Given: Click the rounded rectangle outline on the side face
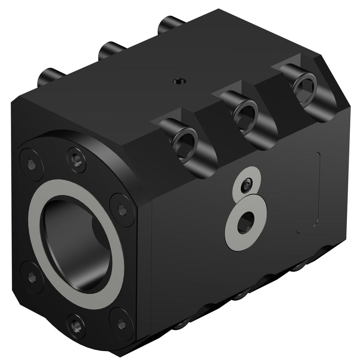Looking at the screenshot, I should (x=309, y=192).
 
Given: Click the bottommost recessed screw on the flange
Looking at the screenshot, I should (x=76, y=325).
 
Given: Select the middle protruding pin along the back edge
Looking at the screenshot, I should (x=110, y=50).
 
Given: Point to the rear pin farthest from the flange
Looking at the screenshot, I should (x=171, y=23).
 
